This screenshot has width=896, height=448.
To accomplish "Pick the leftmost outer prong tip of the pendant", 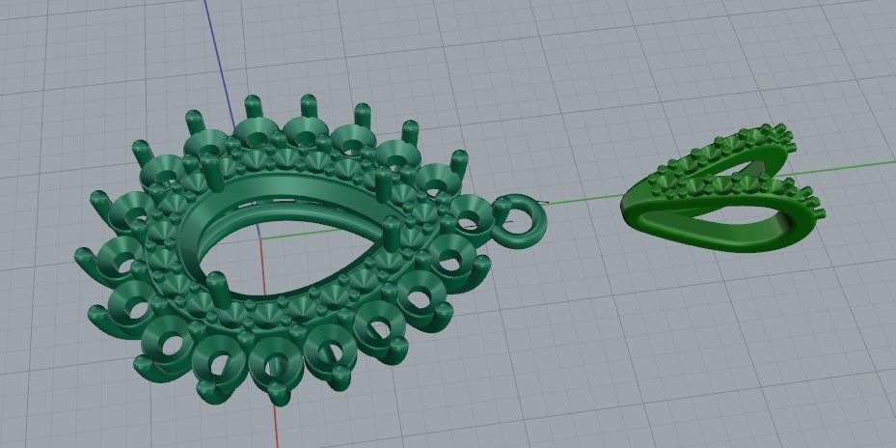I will pos(81,257).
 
